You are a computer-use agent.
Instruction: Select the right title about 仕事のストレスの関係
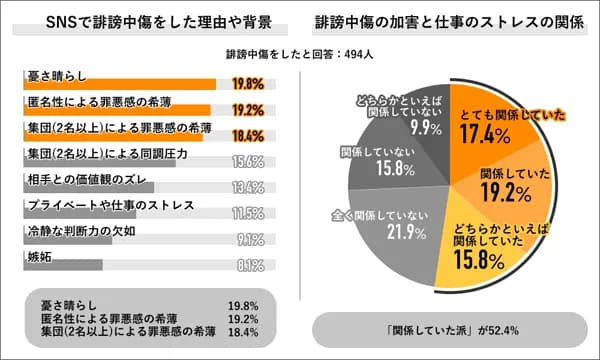coord(451,22)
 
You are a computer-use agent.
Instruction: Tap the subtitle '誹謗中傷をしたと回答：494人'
coord(300,56)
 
